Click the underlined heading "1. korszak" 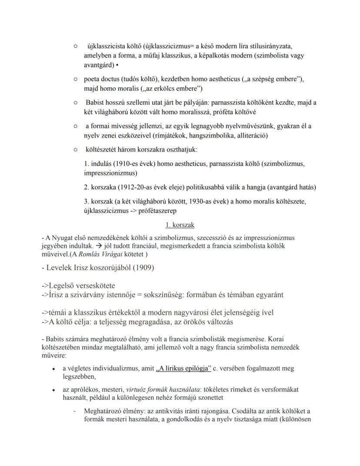[180, 225]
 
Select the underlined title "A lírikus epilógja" [183, 369]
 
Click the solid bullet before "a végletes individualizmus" [53, 369]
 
